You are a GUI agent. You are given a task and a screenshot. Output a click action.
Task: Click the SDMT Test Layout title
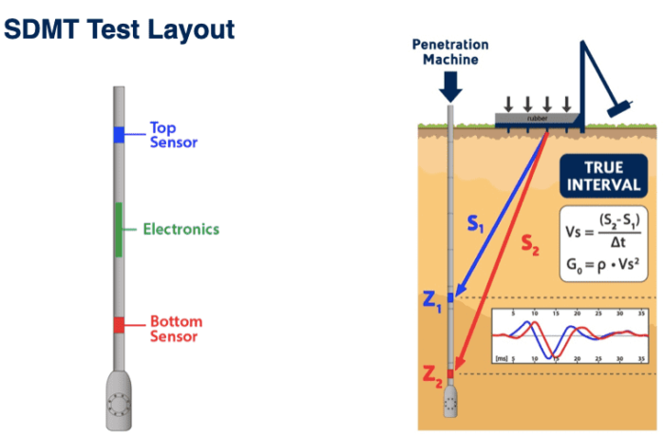coord(119,29)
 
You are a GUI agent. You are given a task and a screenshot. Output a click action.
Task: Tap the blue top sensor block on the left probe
coord(119,135)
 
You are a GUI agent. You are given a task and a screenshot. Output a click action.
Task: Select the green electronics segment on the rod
coord(119,229)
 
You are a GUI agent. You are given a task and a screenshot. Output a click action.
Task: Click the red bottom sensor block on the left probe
coord(119,325)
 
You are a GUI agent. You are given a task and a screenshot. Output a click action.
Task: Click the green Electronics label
coord(180,229)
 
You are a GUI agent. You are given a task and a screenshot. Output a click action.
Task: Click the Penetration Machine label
coord(451,53)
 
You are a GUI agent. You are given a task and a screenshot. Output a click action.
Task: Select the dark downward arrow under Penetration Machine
coord(451,87)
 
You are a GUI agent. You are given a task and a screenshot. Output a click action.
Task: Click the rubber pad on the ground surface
coord(537,119)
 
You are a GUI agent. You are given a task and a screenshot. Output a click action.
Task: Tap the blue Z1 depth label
coord(432,303)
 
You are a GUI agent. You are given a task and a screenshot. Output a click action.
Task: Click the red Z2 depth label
coord(432,379)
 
